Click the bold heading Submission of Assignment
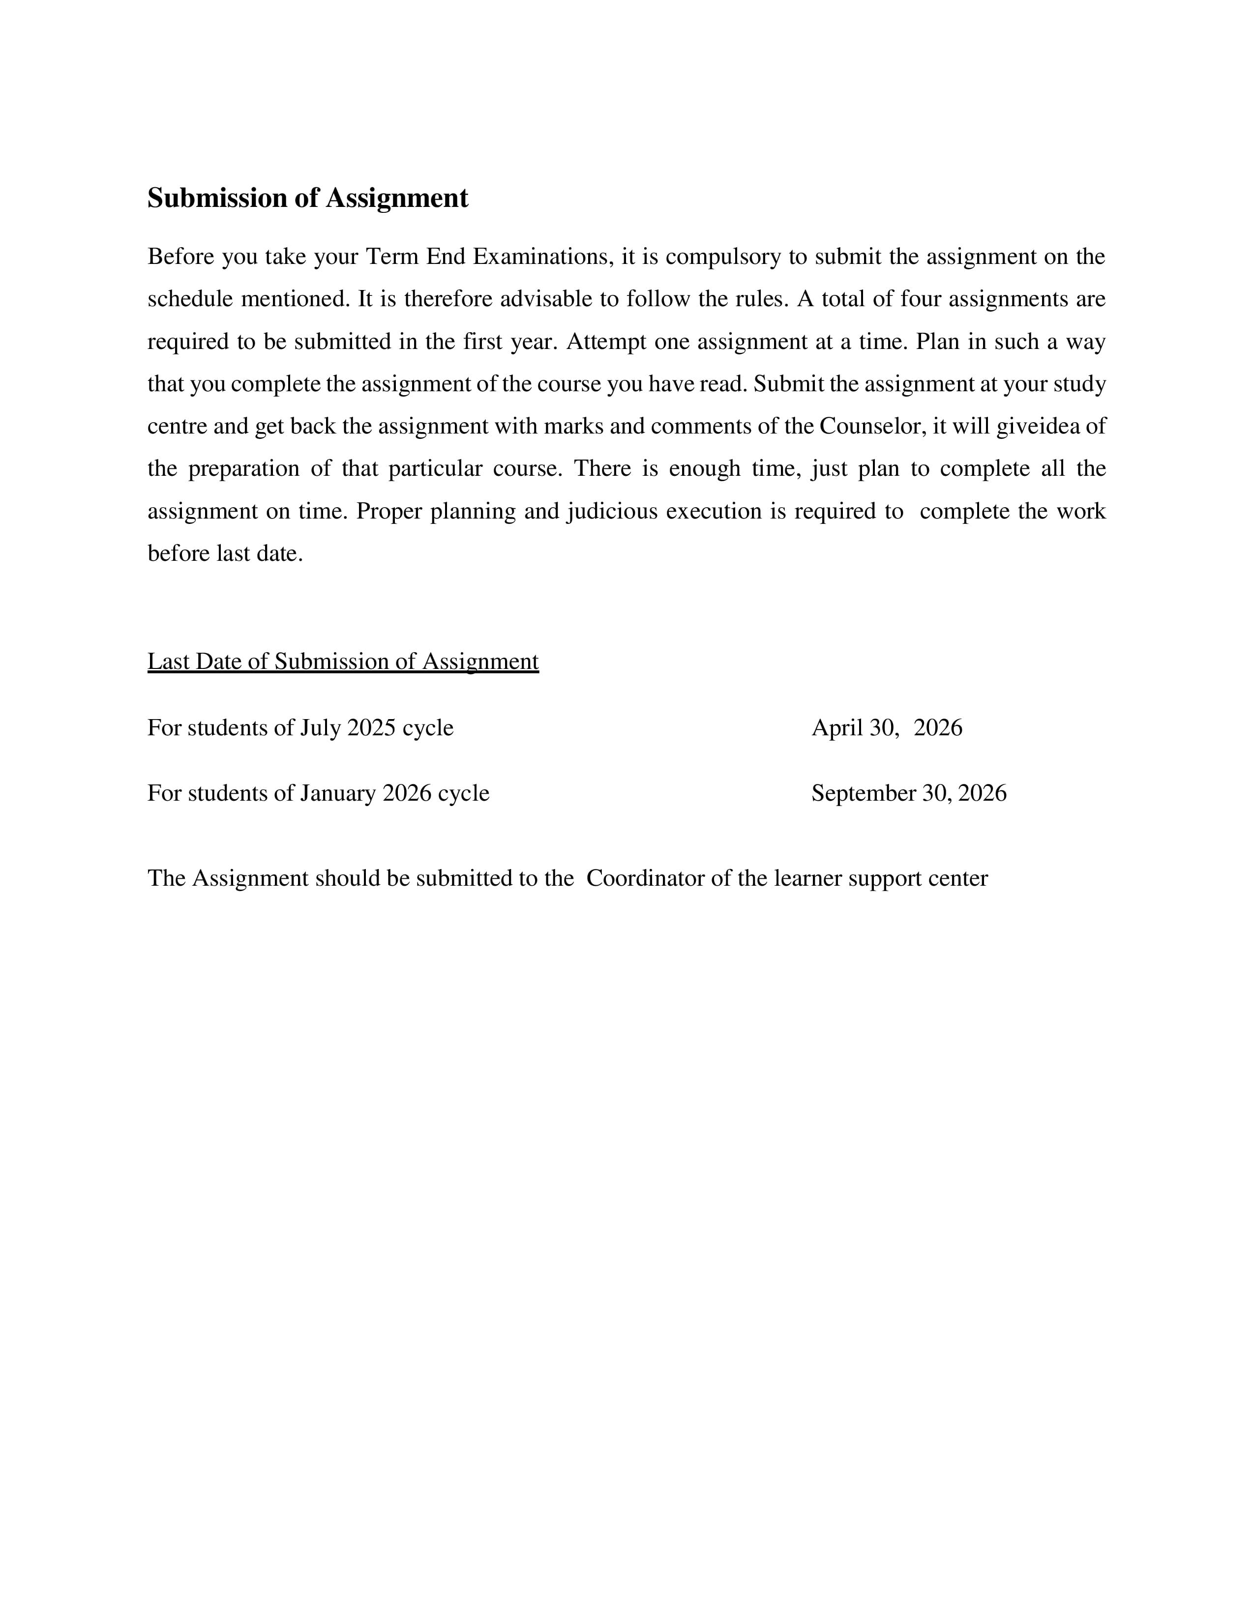click(x=307, y=198)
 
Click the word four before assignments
click(x=921, y=299)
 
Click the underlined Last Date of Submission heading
click(x=342, y=662)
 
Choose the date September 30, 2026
click(x=909, y=794)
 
